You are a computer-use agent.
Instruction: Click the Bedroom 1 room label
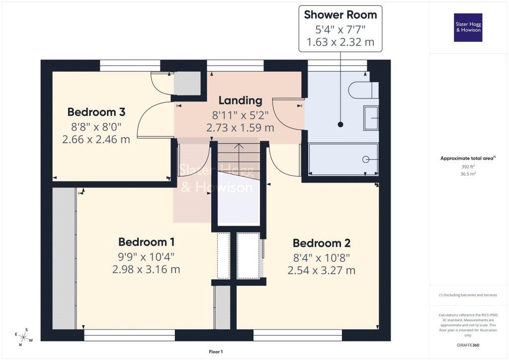tap(146, 242)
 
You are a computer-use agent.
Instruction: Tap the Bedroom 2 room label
tap(322, 243)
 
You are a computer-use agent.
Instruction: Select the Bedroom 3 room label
tap(96, 111)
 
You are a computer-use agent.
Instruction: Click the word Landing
tap(240, 100)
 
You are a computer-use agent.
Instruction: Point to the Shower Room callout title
tap(340, 15)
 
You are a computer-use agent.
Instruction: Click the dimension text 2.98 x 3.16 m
tap(146, 270)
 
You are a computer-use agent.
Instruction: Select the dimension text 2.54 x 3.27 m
tap(322, 270)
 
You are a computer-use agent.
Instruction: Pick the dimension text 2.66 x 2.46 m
tap(96, 140)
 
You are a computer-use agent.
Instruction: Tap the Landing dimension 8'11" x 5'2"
tap(240, 114)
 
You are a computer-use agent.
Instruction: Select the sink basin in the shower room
tap(371, 118)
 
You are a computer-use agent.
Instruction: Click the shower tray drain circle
tap(366, 159)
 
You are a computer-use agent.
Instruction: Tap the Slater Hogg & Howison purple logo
tap(468, 27)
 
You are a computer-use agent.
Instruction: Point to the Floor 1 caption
tap(216, 352)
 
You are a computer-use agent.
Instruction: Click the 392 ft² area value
tap(468, 167)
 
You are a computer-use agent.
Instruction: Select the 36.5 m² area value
tap(468, 174)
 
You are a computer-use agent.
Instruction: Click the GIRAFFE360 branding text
tap(468, 345)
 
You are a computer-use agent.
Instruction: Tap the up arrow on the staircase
tap(239, 147)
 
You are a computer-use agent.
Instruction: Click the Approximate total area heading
tap(467, 159)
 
